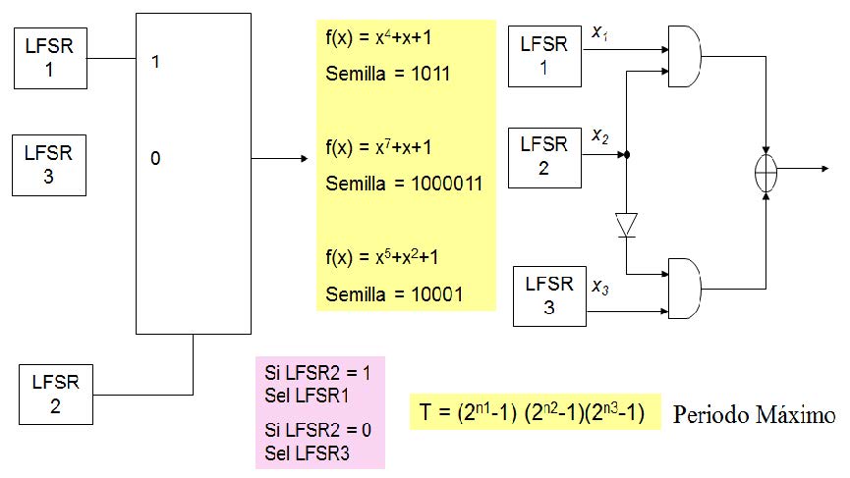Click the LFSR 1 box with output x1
(544, 55)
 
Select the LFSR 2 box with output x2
(544, 156)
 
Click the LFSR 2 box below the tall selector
(55, 392)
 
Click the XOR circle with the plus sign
(765, 170)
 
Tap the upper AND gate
(686, 57)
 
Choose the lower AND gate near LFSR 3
(686, 288)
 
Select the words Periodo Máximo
(754, 415)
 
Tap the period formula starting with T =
(532, 414)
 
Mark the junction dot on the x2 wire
(627, 155)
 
